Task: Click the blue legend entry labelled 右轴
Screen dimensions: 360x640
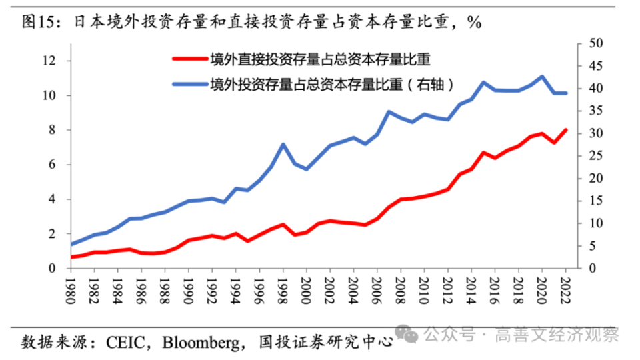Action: pos(333,85)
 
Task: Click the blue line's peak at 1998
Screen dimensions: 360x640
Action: pos(283,145)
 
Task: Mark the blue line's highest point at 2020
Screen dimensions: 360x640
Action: pos(541,77)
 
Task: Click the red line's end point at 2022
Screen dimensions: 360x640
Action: pos(566,130)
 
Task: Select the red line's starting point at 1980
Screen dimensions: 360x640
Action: pos(71,257)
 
